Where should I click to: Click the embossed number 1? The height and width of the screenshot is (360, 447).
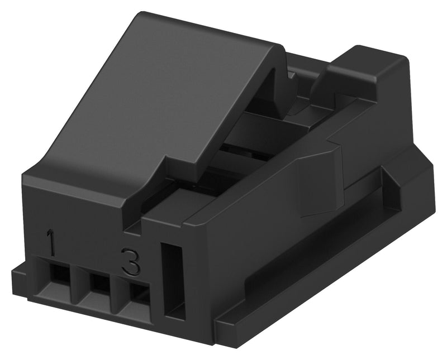coord(52,244)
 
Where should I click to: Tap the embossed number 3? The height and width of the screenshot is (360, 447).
coord(130,261)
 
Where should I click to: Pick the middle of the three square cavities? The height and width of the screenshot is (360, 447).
coord(99,282)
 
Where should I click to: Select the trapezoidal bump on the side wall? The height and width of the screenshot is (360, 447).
coord(318,179)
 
